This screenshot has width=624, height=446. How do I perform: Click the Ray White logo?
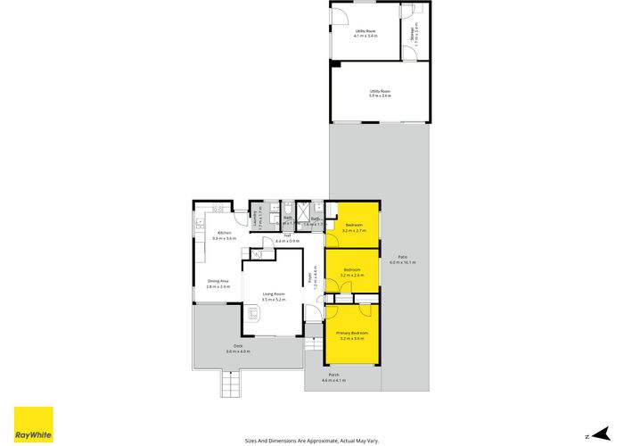pyautogui.click(x=33, y=425)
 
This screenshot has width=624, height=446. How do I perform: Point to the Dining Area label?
pyautogui.click(x=218, y=284)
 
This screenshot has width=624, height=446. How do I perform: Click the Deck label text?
pyautogui.click(x=238, y=347)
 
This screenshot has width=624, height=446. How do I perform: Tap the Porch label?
pyautogui.click(x=333, y=377)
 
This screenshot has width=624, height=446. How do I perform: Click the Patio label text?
pyautogui.click(x=402, y=259)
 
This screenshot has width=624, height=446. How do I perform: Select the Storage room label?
pyautogui.click(x=412, y=36)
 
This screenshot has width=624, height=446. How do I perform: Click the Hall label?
pyautogui.click(x=288, y=237)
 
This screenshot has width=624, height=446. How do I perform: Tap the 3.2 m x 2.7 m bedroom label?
pyautogui.click(x=353, y=227)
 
